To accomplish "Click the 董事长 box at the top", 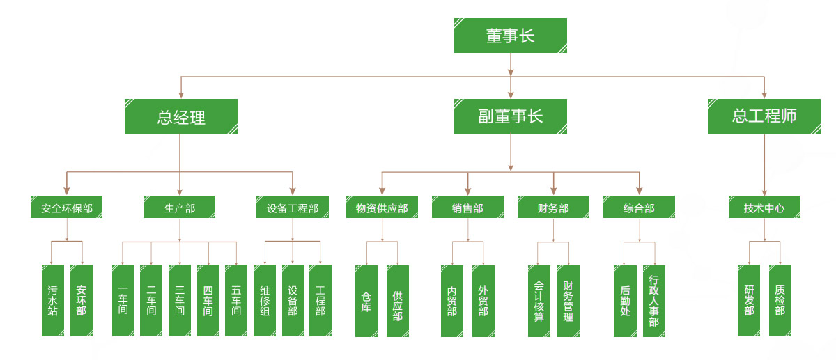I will (510, 36).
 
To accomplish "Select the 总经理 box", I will (181, 116).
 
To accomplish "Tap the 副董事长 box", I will (510, 116).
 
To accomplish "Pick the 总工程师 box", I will (764, 116).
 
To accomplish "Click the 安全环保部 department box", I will (67, 208).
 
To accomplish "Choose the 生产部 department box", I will (180, 208).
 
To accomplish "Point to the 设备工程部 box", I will (293, 208).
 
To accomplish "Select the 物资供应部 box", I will (382, 208).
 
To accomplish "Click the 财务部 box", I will (553, 208).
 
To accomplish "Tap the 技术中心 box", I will (764, 208).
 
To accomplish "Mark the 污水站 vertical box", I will (53, 300).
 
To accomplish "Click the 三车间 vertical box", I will (180, 300).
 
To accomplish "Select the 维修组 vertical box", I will (265, 300).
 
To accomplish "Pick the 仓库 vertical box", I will (366, 300).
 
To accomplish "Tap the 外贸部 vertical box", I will (483, 300).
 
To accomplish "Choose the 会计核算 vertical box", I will (539, 300).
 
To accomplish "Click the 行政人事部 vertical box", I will (653, 300).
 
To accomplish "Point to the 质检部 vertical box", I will (780, 300).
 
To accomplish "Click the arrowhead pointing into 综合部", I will (639, 190).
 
